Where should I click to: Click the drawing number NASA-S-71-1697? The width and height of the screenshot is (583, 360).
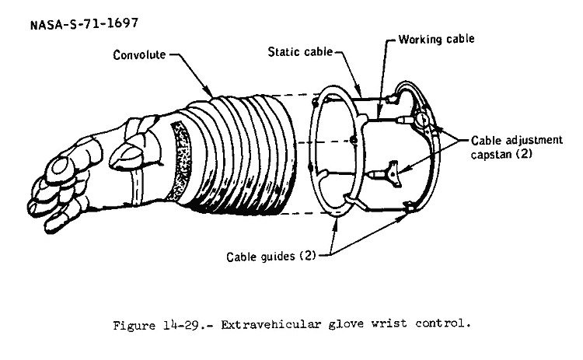pyautogui.click(x=84, y=23)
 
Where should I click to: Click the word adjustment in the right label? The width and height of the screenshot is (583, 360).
pyautogui.click(x=532, y=141)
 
